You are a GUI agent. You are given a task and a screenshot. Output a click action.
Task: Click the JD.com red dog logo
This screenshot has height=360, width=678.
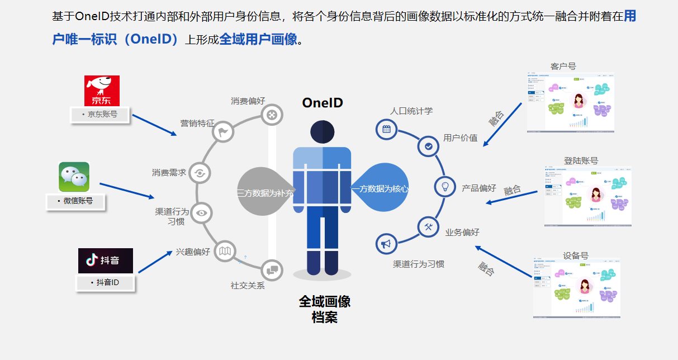(102, 91)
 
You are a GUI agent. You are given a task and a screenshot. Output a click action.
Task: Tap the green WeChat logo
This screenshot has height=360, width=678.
(74, 177)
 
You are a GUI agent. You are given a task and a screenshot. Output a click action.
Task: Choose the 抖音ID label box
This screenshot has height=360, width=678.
(105, 283)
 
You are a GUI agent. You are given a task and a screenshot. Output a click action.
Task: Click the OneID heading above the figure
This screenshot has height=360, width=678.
(323, 103)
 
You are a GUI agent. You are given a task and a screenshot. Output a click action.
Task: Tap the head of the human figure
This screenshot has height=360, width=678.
(323, 132)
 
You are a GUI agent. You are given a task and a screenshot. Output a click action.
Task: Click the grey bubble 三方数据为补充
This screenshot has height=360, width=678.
(263, 191)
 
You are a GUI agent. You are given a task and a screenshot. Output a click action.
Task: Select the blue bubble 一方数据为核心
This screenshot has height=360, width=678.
(380, 189)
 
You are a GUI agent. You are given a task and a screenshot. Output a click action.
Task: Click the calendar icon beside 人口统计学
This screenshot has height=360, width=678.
(386, 130)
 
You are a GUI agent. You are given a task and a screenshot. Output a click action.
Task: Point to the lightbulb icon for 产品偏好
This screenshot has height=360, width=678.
(445, 186)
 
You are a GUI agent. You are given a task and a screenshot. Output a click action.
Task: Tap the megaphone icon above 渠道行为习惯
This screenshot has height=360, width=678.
(386, 244)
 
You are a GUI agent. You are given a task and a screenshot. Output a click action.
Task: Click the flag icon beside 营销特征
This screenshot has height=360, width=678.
(224, 132)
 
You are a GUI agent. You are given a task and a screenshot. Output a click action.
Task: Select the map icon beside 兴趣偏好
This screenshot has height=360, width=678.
(225, 251)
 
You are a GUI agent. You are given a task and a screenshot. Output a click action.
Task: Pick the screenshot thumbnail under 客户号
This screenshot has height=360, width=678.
(571, 103)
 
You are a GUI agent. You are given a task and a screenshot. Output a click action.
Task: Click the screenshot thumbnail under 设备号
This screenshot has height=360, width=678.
(576, 288)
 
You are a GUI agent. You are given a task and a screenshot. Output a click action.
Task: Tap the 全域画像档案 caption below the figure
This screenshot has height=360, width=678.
(324, 309)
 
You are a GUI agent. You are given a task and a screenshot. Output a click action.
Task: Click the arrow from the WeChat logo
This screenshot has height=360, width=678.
(127, 190)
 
